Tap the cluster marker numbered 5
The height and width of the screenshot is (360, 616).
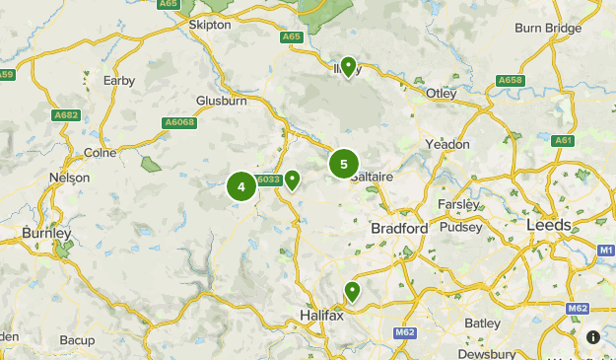(x=343, y=165)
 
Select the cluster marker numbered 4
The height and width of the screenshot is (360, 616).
(x=241, y=186)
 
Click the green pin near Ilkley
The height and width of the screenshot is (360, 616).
(x=348, y=66)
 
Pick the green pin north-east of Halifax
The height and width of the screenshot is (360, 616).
(x=352, y=291)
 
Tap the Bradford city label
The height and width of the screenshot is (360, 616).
(x=399, y=228)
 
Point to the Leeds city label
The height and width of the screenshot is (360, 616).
(x=549, y=225)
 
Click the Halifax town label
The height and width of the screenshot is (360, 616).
(x=320, y=315)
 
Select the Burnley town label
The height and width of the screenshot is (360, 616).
(x=46, y=234)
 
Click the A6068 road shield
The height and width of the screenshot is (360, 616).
(x=179, y=122)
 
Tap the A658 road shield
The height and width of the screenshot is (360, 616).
(x=510, y=80)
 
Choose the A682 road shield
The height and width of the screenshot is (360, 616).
(x=66, y=115)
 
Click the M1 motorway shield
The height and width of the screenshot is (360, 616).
(x=606, y=252)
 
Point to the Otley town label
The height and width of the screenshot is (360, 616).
(x=442, y=94)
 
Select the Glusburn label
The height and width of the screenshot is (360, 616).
(x=221, y=101)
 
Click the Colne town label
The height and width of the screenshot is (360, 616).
(x=100, y=153)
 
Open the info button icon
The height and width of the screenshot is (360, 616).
(x=593, y=336)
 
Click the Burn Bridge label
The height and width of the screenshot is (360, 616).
(x=548, y=29)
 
